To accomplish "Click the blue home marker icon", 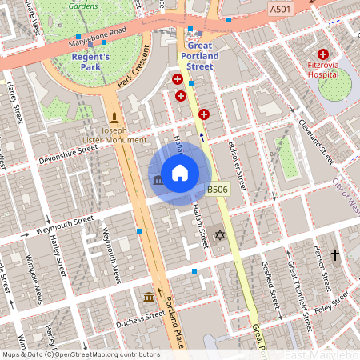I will click(180, 172).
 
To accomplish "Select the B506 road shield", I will click(218, 190).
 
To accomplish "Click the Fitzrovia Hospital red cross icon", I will click(322, 54).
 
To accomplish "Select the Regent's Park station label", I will click(95, 62).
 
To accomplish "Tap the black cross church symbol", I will click(334, 255).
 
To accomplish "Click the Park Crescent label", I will click(134, 72).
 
